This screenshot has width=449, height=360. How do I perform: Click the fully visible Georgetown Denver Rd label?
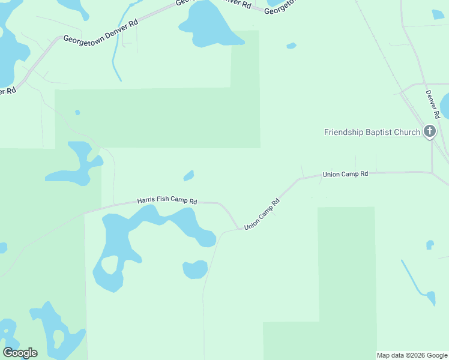101,31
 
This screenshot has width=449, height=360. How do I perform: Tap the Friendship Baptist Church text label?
372,132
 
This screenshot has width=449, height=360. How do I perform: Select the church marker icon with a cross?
429,131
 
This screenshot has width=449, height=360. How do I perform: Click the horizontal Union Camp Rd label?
345,174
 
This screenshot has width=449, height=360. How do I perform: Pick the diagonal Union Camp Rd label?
262,213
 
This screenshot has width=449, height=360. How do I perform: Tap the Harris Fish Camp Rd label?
167,201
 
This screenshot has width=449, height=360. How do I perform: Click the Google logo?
20,353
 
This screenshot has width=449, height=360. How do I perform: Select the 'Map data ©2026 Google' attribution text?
412,355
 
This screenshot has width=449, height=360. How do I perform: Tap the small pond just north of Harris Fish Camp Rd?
188,175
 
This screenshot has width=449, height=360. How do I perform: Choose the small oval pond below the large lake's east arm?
195,269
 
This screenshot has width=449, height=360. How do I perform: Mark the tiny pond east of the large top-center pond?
291,46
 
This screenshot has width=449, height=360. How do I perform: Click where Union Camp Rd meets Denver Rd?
432,172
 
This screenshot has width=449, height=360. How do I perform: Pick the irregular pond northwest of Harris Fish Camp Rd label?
75,162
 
